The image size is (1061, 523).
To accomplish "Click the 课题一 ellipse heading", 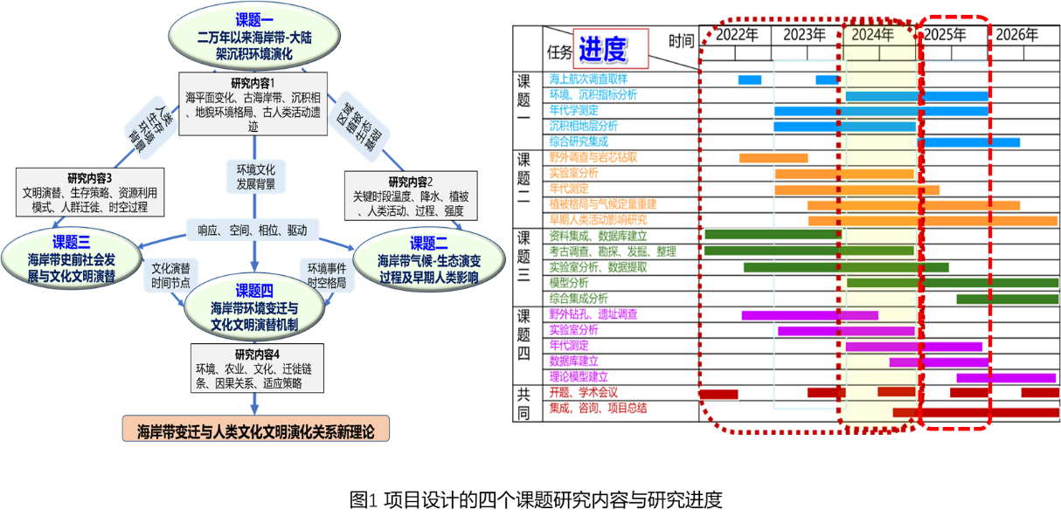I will pyautogui.click(x=253, y=20).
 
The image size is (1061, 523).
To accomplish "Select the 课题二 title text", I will pyautogui.click(x=428, y=243).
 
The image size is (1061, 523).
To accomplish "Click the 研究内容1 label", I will pyautogui.click(x=253, y=82).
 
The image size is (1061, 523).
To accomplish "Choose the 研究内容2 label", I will pyautogui.click(x=410, y=182).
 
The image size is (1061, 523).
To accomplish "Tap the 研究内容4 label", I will pyautogui.click(x=255, y=354).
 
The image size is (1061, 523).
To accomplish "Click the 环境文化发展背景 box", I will pyautogui.click(x=255, y=176).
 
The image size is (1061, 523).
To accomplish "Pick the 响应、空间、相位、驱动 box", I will pyautogui.click(x=253, y=231).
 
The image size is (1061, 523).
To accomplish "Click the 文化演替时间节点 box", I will pyautogui.click(x=170, y=274).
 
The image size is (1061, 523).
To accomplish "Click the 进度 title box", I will pyautogui.click(x=610, y=49).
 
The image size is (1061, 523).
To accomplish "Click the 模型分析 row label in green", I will pyautogui.click(x=568, y=283).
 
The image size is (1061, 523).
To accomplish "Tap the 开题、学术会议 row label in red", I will pyautogui.click(x=583, y=392).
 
